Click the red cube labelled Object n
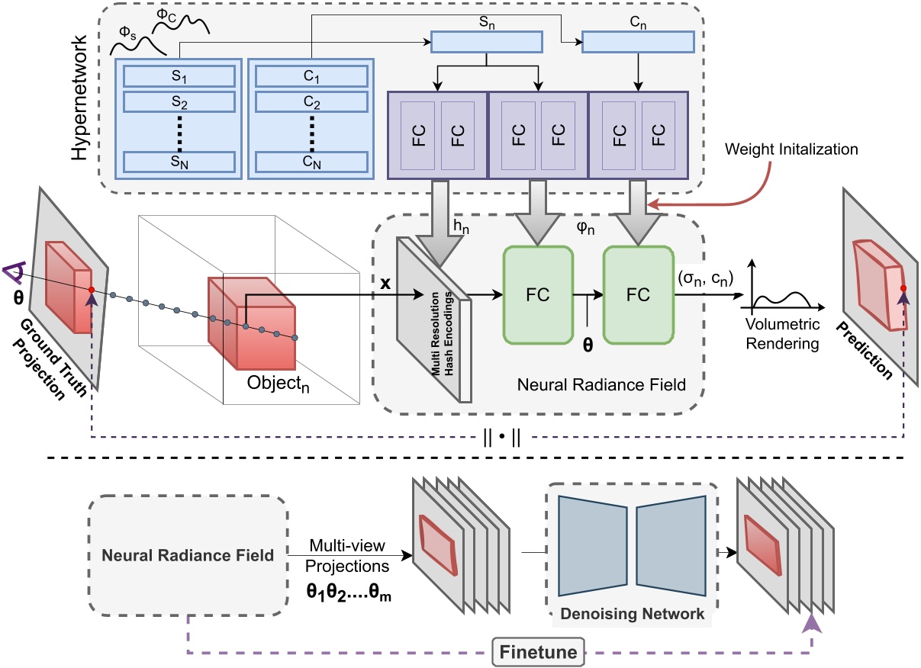[252, 320]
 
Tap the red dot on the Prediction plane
[903, 288]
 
